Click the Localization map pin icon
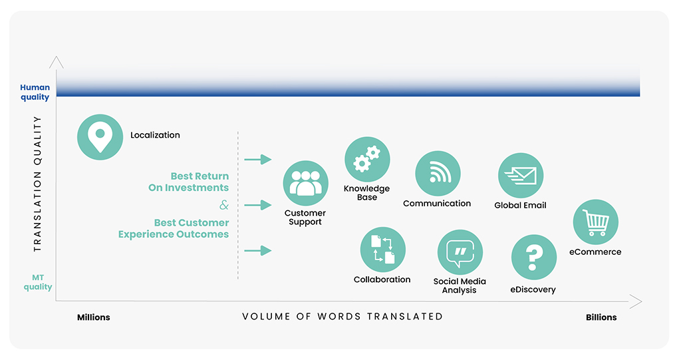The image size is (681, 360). pyautogui.click(x=100, y=137)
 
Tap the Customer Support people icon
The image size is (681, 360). pyautogui.click(x=305, y=183)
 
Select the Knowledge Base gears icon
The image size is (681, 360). pyautogui.click(x=367, y=159)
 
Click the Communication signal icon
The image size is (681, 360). pyautogui.click(x=438, y=174)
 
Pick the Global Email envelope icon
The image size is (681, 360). pyautogui.click(x=521, y=175)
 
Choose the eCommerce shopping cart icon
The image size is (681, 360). pyautogui.click(x=595, y=222)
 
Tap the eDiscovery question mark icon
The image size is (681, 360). pyautogui.click(x=534, y=258)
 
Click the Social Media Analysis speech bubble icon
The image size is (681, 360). pyautogui.click(x=460, y=252)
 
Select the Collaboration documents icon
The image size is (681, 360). pyautogui.click(x=382, y=250)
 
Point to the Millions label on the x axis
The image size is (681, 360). pyautogui.click(x=93, y=317)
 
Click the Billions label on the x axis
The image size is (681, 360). pyautogui.click(x=601, y=317)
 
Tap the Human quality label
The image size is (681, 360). pyautogui.click(x=35, y=92)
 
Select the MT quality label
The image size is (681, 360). pyautogui.click(x=38, y=282)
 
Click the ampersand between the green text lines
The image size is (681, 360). pyautogui.click(x=223, y=205)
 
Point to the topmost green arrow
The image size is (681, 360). pyautogui.click(x=258, y=160)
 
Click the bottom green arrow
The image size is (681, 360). pyautogui.click(x=258, y=250)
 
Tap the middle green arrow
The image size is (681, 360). pyautogui.click(x=258, y=205)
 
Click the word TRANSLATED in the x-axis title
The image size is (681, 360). pyautogui.click(x=405, y=317)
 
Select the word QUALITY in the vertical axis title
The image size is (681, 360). pyautogui.click(x=38, y=140)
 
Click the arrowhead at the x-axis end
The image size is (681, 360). pyautogui.click(x=636, y=301)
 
